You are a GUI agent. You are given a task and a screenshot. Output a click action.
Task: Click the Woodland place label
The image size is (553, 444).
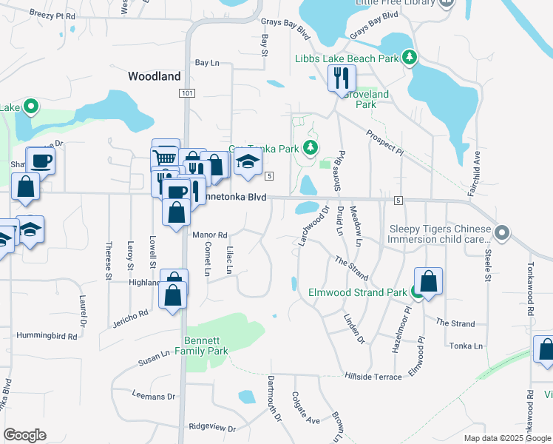pos(154,76)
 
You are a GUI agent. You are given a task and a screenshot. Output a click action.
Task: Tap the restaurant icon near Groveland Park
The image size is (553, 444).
pos(342,78)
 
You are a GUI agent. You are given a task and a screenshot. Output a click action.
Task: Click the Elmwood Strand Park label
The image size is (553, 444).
pos(357,292)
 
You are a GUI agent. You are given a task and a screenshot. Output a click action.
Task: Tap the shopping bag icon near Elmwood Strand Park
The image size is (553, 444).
pos(428,281)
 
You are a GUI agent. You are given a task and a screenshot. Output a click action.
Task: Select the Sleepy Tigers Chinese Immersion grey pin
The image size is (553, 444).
pos(503,234)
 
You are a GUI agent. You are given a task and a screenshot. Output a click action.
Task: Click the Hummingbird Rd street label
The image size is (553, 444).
pos(47,336)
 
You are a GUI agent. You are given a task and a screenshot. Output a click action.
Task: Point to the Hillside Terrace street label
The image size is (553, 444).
pos(373,376)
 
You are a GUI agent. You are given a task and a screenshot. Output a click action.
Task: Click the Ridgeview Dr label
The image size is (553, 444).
pos(211,428)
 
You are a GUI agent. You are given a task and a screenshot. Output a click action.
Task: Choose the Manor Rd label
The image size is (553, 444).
pos(208,235)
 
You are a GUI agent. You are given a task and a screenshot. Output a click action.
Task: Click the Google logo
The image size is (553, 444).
pos(24,434)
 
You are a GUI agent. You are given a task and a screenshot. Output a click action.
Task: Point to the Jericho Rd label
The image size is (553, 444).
pos(132,314)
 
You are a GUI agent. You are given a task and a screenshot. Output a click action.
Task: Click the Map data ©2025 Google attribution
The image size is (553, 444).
pos(506,438)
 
